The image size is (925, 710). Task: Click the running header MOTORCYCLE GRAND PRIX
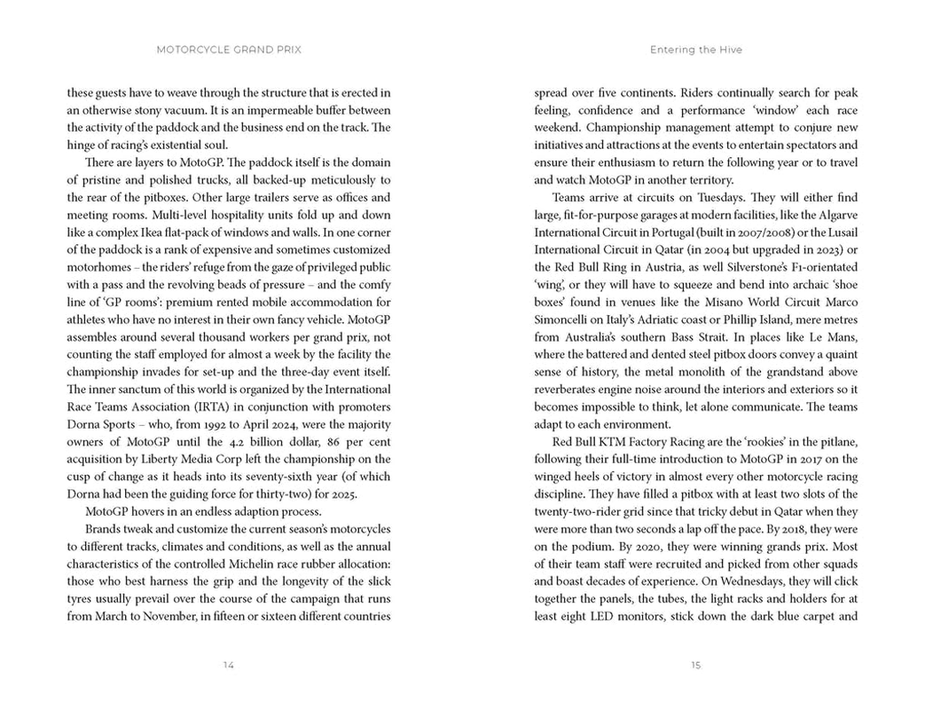(x=229, y=50)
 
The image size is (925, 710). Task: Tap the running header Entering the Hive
(x=695, y=50)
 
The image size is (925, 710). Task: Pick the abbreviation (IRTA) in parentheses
(x=221, y=406)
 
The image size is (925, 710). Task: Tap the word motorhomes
(x=102, y=267)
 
